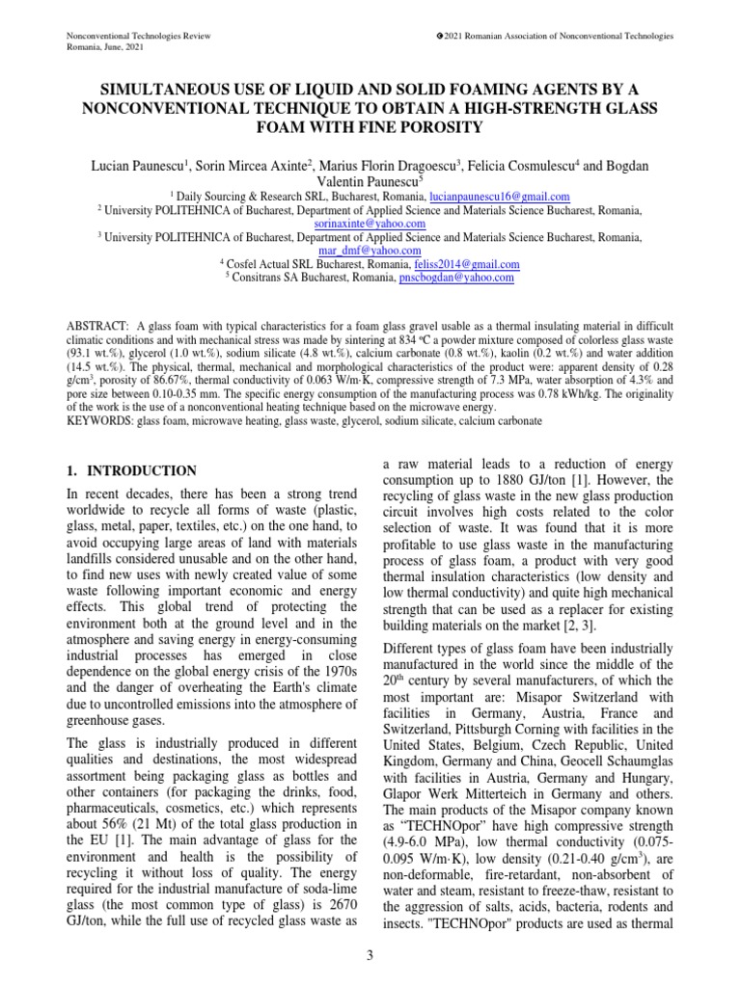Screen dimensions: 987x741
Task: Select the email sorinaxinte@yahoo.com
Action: coord(370,223)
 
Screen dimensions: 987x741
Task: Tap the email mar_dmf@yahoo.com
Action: coord(370,250)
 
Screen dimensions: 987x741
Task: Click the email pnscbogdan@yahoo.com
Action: coord(456,278)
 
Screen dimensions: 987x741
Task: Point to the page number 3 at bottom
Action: coord(370,956)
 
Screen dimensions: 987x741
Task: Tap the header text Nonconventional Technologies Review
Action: coord(138,36)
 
